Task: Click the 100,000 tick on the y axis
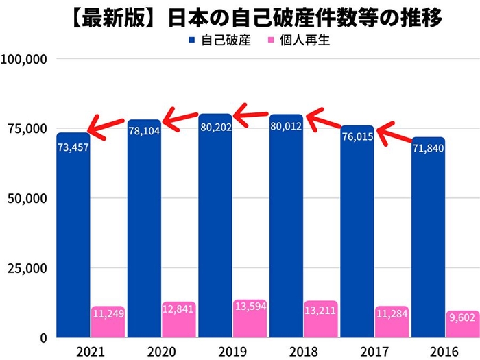coord(24,60)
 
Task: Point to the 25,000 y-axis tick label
coord(27,268)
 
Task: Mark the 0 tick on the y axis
coord(42,338)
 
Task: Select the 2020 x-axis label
coord(162,350)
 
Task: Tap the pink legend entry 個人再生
coord(305,40)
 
